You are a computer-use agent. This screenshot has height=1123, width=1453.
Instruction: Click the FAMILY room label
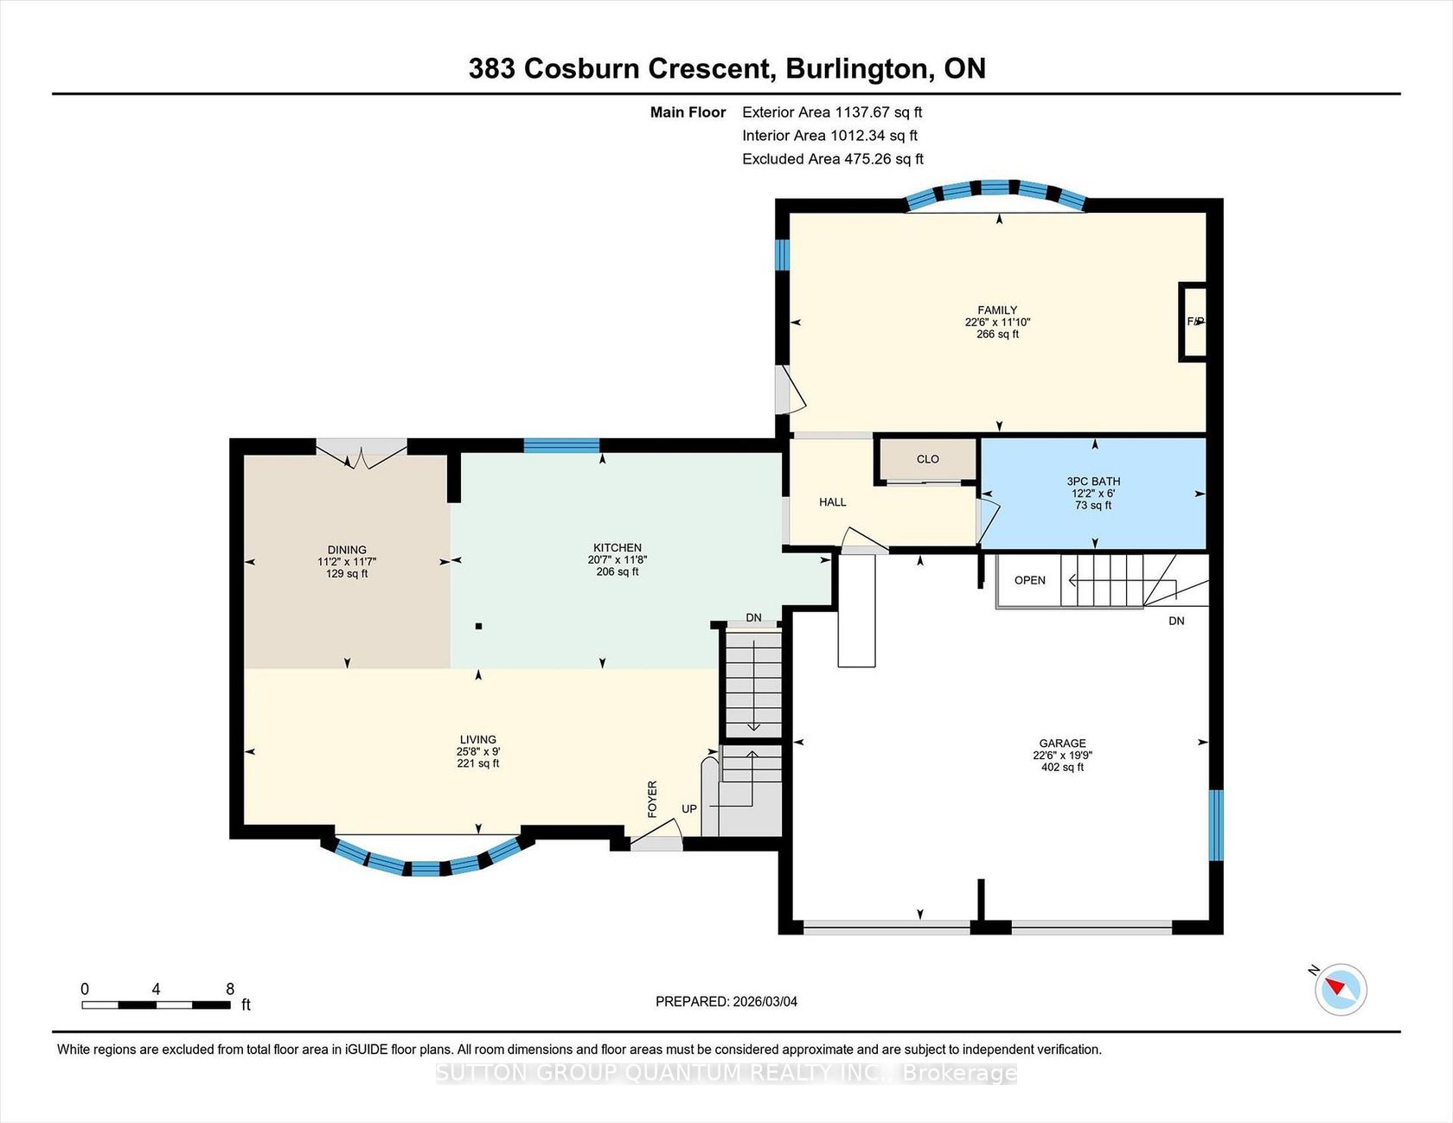pyautogui.click(x=997, y=310)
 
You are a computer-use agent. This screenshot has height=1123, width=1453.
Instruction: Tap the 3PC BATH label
pyautogui.click(x=1093, y=482)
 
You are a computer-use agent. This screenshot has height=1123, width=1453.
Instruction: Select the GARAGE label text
pyautogui.click(x=1062, y=743)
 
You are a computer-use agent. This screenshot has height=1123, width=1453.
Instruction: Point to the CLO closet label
pyautogui.click(x=927, y=459)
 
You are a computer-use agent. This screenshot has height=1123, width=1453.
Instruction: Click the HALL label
pyautogui.click(x=832, y=502)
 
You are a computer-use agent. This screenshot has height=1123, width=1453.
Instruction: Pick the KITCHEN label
pyautogui.click(x=618, y=548)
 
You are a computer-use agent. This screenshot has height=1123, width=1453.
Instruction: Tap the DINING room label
pyautogui.click(x=347, y=550)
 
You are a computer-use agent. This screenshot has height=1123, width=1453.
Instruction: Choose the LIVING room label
pyautogui.click(x=477, y=740)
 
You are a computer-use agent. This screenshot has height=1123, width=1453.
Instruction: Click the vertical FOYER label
pyautogui.click(x=652, y=799)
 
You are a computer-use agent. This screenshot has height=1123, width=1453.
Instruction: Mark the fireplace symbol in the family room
pyautogui.click(x=1194, y=322)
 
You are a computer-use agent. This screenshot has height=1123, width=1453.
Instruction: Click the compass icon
pyautogui.click(x=1341, y=989)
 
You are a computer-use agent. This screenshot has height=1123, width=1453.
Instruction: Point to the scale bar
pyautogui.click(x=156, y=1005)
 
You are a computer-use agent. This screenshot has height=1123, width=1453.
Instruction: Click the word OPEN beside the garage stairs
pyautogui.click(x=1029, y=580)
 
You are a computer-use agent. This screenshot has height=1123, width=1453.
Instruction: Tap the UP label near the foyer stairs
pyautogui.click(x=689, y=809)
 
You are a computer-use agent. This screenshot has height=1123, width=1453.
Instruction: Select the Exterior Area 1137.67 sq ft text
pyautogui.click(x=832, y=112)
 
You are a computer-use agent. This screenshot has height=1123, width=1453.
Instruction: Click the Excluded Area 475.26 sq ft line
pyautogui.click(x=833, y=159)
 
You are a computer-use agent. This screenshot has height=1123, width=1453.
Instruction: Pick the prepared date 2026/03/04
pyautogui.click(x=765, y=1002)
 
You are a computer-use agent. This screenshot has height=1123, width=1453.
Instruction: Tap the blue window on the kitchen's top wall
pyautogui.click(x=561, y=446)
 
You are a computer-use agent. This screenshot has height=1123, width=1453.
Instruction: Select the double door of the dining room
pyautogui.click(x=361, y=453)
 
